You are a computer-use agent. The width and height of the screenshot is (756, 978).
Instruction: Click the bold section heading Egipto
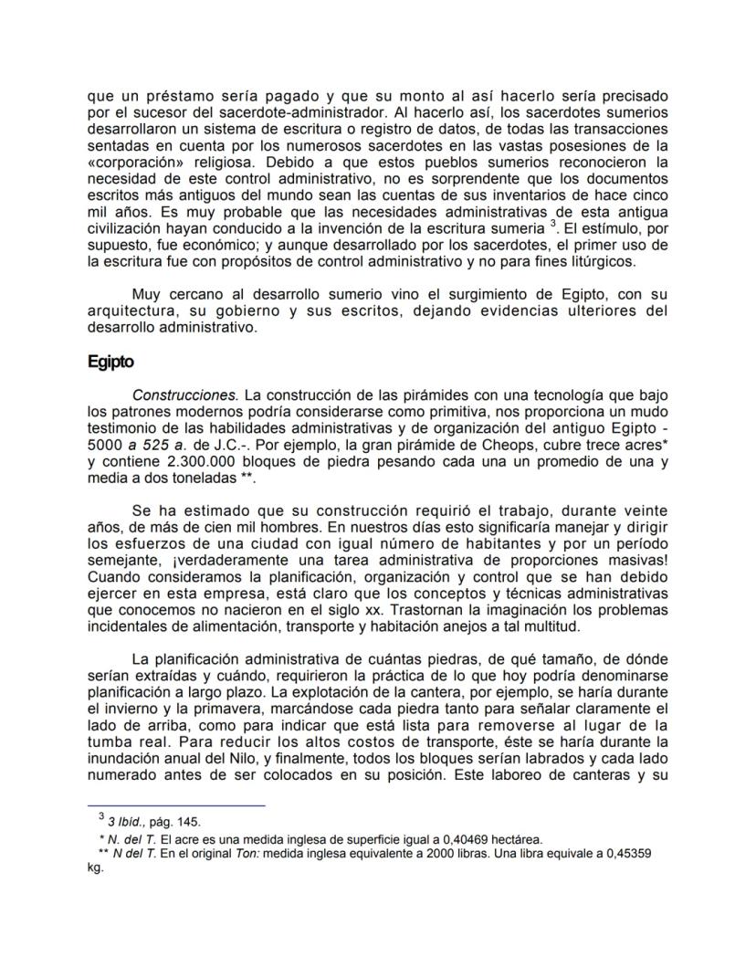[110, 362]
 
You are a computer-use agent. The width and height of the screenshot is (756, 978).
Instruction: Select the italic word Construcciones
[185, 395]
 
